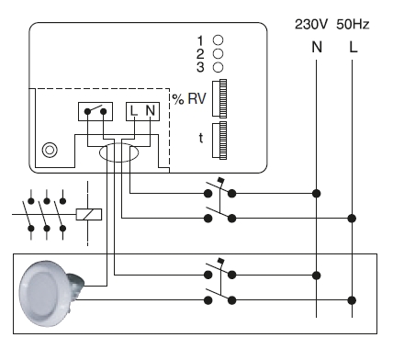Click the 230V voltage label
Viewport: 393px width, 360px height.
[x=311, y=24]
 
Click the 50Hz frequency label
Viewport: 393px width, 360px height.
[x=353, y=24]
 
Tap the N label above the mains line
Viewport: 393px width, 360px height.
[x=317, y=47]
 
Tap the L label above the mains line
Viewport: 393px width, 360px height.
[x=354, y=47]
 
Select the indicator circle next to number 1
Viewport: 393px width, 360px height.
[x=218, y=40]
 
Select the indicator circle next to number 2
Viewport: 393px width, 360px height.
[x=218, y=53]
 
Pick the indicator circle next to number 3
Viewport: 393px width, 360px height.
[x=218, y=67]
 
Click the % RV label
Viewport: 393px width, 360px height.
[x=189, y=98]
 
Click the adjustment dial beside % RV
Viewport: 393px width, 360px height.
[x=219, y=98]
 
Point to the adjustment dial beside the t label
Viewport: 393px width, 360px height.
[x=219, y=141]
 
